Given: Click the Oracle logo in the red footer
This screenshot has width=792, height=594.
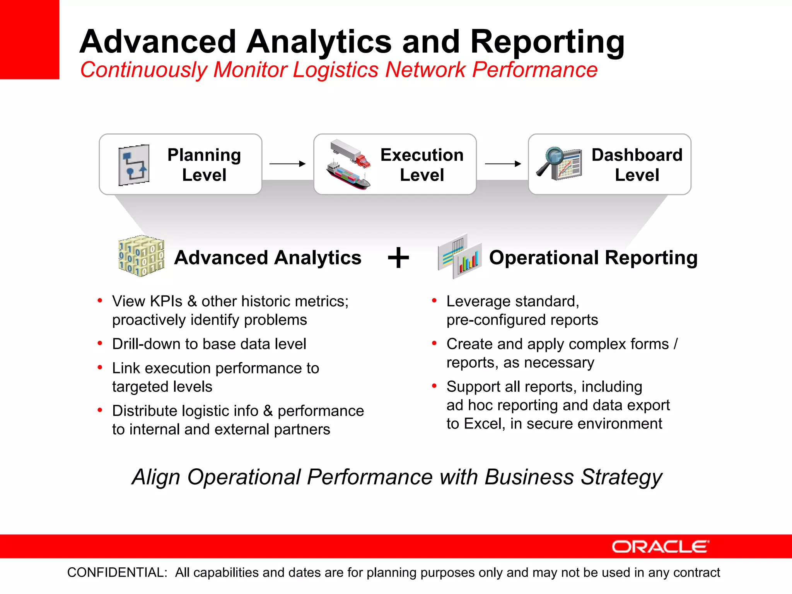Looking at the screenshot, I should click(x=660, y=546).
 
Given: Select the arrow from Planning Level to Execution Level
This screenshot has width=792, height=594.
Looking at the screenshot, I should click(x=287, y=164).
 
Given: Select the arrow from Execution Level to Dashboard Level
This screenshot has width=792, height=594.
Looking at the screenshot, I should click(x=503, y=164).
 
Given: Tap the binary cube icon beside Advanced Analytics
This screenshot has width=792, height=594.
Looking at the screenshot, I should click(x=141, y=256).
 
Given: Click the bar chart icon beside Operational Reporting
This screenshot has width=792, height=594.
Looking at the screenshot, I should click(x=467, y=261).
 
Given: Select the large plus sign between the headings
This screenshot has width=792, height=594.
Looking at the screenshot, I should click(x=398, y=258).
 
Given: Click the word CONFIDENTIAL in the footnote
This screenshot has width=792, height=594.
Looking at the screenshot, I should click(x=117, y=572).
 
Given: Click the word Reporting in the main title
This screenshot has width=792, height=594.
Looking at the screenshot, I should click(x=547, y=42).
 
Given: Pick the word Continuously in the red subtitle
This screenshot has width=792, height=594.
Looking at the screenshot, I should click(x=143, y=70).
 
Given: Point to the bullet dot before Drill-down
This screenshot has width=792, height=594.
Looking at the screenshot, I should click(x=100, y=343).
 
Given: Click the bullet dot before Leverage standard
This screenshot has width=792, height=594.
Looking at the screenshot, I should click(x=434, y=300).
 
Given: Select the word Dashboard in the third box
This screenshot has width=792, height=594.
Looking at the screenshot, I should click(x=637, y=155).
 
